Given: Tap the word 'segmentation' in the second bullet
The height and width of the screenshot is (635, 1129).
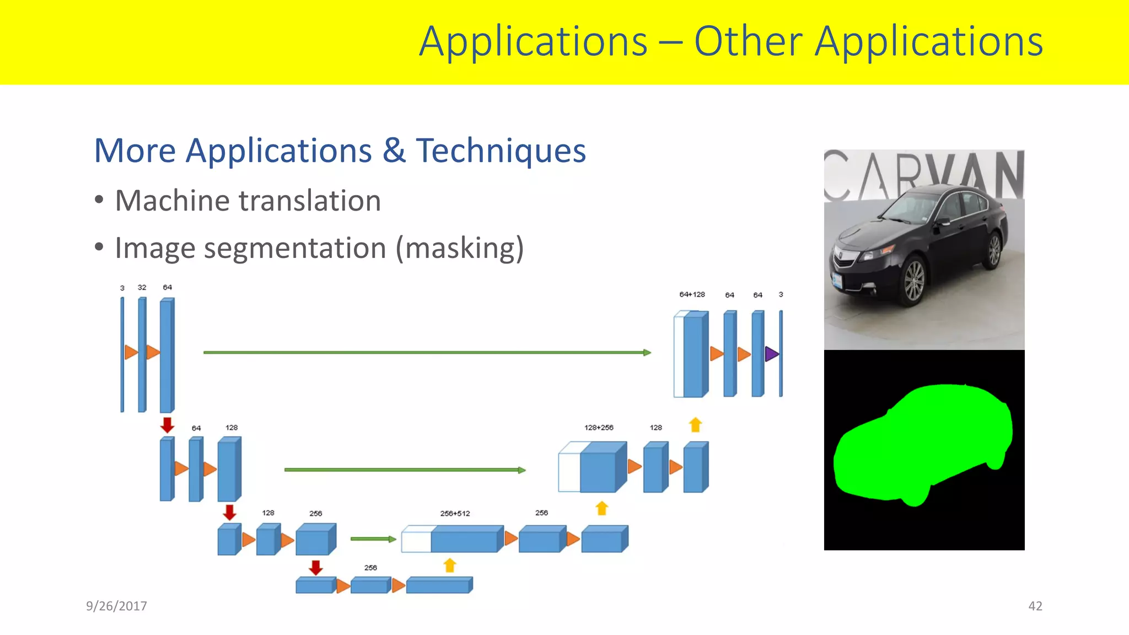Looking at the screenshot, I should (295, 249).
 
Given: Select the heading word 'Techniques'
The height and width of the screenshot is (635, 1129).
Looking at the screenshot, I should (501, 150).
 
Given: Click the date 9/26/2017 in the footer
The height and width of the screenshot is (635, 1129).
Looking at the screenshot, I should (116, 606).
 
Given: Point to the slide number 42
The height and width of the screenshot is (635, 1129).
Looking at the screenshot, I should (1035, 606).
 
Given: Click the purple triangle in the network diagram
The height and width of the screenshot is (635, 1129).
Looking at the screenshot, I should (771, 354).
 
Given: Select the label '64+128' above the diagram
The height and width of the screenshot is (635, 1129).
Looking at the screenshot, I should (692, 294).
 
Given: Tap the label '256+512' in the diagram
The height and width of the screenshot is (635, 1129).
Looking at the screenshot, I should (455, 513).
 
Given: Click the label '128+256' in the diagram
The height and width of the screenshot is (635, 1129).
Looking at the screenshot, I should (599, 427).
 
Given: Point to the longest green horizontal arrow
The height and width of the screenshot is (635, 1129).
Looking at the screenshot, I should (427, 352).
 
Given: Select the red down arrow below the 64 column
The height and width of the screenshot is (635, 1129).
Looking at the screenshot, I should (167, 425).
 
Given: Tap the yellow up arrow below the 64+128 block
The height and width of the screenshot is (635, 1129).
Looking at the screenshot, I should (695, 425).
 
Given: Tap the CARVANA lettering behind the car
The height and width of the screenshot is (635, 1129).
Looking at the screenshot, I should (923, 175).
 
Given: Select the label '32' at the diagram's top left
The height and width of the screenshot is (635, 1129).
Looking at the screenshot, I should (142, 287).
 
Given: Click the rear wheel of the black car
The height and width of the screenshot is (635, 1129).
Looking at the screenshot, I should (994, 250).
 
